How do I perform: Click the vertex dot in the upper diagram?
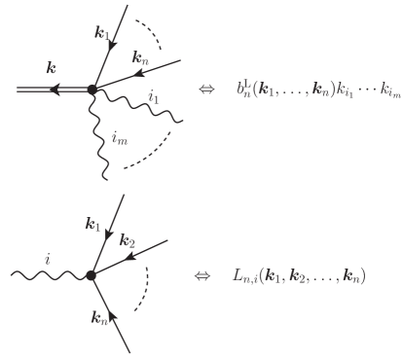[x=92, y=90]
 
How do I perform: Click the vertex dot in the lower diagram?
[x=91, y=275]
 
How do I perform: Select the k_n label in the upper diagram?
[x=139, y=58]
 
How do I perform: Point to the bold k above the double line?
[x=51, y=69]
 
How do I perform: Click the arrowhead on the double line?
[x=55, y=90]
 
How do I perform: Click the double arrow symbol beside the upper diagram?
[x=205, y=89]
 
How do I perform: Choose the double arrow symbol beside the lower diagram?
[x=201, y=275]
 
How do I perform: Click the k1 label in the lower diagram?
[x=93, y=226]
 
